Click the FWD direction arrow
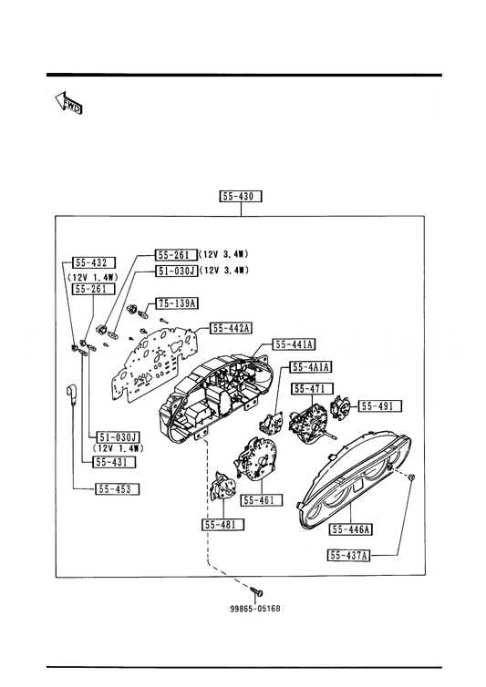[69, 103]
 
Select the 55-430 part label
[241, 196]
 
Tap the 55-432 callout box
[93, 262]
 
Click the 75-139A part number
[176, 302]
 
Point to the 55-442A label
[232, 328]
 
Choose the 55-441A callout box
[294, 344]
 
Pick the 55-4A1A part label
[311, 366]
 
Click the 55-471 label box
[313, 389]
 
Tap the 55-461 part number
[262, 500]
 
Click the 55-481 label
[222, 525]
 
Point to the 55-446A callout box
[350, 529]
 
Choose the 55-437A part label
[348, 556]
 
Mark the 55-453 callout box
[117, 489]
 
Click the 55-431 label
[115, 462]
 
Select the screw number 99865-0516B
[254, 609]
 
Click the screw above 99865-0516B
[257, 591]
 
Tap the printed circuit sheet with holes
[153, 362]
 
